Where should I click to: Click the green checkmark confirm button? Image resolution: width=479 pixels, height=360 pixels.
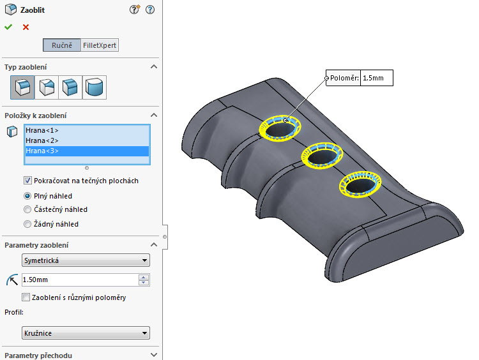tap(8, 27)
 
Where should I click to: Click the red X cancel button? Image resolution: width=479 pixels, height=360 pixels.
tap(26, 27)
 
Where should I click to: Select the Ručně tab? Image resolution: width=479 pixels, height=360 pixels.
tap(62, 45)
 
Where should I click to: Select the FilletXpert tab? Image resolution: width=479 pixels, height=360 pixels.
tap(100, 45)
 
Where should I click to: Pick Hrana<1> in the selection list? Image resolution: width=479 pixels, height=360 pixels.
tap(42, 130)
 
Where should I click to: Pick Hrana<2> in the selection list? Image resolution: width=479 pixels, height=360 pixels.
tap(42, 140)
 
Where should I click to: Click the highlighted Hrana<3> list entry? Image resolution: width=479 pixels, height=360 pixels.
tap(42, 151)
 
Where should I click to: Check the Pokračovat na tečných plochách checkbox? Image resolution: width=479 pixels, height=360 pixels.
tap(27, 181)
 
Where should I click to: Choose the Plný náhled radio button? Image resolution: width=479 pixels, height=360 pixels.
tap(27, 196)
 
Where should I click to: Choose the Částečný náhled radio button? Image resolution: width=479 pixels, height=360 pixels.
tap(27, 209)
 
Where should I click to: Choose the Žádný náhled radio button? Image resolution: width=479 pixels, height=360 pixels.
tap(27, 224)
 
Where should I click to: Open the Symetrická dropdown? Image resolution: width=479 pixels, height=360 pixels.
tap(86, 260)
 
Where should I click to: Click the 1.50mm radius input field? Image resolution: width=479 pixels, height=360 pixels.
tap(79, 280)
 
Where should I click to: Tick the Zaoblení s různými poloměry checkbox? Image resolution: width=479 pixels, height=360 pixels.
tap(26, 297)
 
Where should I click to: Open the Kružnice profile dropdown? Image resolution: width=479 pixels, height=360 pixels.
tap(86, 333)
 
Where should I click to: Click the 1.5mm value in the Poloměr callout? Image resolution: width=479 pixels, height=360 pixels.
tap(376, 79)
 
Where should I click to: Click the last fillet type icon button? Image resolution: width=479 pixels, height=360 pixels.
tap(95, 87)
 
